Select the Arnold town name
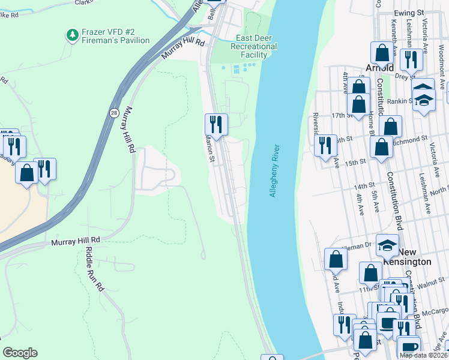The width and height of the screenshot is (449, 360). [x=379, y=68]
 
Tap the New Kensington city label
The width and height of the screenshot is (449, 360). [x=408, y=257]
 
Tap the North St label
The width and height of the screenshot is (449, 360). [x=439, y=190]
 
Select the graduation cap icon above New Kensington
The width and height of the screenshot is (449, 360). [x=387, y=244]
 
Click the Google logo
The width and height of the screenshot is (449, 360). [x=20, y=353]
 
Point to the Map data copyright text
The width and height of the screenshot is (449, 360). [x=424, y=355]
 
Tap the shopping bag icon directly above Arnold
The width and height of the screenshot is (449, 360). [x=382, y=53]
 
